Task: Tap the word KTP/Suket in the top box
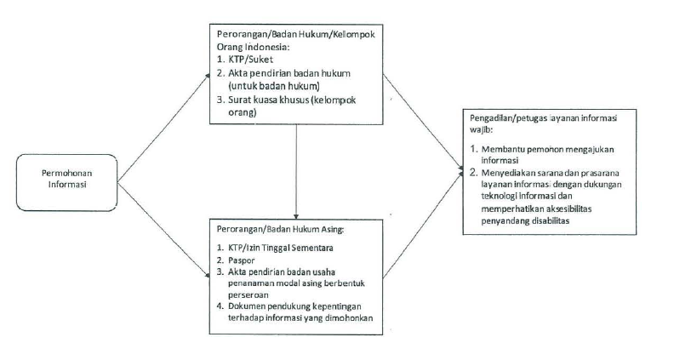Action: pos(250,60)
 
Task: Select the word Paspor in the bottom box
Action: pos(242,260)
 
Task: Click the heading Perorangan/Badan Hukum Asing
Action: pos(280,229)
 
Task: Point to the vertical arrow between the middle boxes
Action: pos(296,172)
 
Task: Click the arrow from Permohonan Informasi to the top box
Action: pos(163,128)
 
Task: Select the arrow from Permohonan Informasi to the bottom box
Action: pos(163,230)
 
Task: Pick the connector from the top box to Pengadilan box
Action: pos(424,122)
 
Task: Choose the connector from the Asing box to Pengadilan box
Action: pos(424,223)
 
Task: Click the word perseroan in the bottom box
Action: pos(248,295)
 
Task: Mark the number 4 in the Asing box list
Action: pos(220,306)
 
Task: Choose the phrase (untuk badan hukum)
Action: pos(274,86)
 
